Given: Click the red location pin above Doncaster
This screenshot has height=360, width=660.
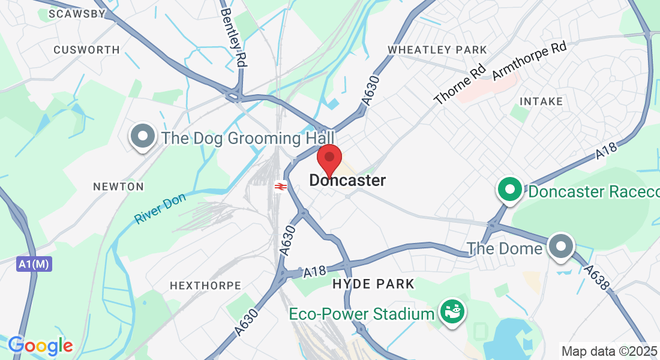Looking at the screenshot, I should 329,158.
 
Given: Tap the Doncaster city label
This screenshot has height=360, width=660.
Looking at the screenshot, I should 347,180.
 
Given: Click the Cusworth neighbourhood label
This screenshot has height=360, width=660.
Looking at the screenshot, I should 86,50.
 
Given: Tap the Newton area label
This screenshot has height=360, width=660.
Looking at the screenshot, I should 118,187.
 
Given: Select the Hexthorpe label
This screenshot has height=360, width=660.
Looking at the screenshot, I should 205,286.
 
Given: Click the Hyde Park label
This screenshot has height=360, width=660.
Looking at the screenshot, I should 373,284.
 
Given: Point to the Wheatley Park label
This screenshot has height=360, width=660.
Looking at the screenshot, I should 437,49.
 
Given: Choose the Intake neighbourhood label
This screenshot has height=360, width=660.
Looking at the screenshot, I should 542,101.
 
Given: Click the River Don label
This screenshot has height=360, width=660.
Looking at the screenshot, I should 160,208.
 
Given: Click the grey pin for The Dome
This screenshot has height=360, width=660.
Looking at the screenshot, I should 562,245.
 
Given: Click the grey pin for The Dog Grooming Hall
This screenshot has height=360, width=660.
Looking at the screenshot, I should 143,137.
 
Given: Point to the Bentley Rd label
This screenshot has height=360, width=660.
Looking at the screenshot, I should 235,37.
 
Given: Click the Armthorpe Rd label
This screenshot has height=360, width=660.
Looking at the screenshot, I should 529,61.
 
